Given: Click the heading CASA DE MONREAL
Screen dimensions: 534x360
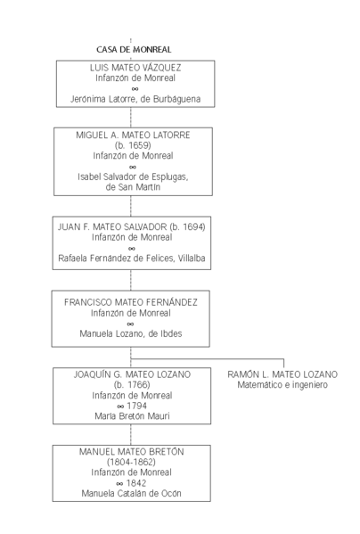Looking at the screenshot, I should point(134,50).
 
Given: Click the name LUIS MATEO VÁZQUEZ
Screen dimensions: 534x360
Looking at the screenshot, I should point(135,67).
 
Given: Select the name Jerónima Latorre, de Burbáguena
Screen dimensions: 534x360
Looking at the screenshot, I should point(135,99).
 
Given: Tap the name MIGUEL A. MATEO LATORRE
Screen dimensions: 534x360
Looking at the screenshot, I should point(133,134).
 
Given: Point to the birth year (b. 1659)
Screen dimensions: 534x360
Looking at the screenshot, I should point(133,144).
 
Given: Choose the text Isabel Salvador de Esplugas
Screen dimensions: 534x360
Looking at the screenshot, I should point(133,177).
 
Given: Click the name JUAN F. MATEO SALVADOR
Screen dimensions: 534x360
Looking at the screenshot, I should point(110,227).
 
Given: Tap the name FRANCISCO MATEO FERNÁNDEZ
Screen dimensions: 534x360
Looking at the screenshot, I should point(131,302).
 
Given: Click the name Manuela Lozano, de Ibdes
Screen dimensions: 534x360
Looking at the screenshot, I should point(131,334).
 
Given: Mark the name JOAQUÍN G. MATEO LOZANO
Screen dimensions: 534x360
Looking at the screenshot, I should point(131,374).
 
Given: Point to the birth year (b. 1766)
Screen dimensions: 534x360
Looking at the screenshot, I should point(131,384).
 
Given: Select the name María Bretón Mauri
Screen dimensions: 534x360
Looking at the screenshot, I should point(131,416).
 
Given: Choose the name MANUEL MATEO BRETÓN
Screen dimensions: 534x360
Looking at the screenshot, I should point(131,452).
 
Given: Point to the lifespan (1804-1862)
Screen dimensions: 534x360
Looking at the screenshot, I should point(131,463).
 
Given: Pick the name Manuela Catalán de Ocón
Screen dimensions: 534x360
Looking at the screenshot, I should point(131,493).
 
